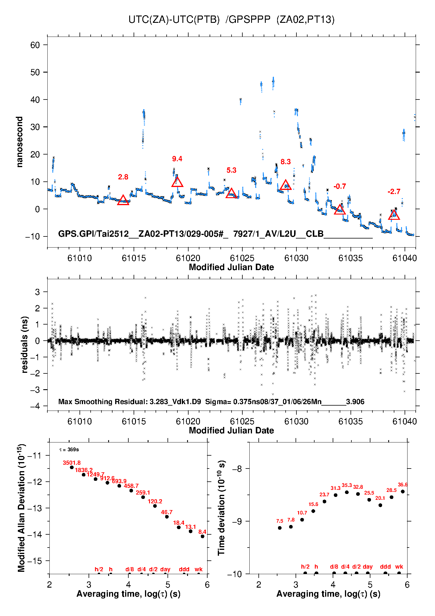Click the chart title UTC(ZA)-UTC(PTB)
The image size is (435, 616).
tap(174, 20)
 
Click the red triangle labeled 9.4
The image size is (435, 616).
tap(177, 182)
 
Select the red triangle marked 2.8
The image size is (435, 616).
tap(123, 200)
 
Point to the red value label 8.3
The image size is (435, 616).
tap(286, 162)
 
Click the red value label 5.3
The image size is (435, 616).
tap(231, 170)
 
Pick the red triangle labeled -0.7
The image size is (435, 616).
tap(340, 210)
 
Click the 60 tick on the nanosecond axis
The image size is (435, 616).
tap(35, 45)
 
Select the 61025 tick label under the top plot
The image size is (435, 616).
tap(242, 258)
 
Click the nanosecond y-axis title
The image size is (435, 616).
tap(20, 142)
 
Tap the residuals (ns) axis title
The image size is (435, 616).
tap(25, 344)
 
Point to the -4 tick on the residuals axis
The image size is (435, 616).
tap(35, 406)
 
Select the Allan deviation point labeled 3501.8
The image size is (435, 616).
tap(72, 467)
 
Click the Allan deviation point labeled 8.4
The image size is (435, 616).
tap(202, 536)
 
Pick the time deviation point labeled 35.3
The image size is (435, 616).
tap(347, 492)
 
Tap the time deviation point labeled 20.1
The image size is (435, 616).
tap(380, 505)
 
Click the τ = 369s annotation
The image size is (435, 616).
tap(69, 449)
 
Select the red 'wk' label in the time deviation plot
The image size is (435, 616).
tap(399, 567)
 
